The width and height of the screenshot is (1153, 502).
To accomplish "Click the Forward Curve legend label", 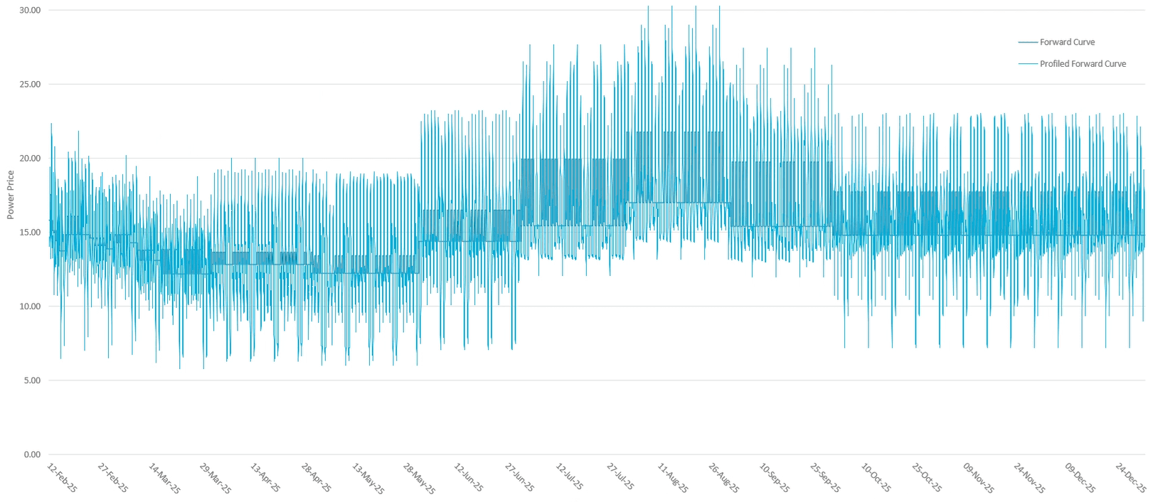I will (1067, 42).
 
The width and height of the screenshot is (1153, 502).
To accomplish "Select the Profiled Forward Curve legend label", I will (1083, 64).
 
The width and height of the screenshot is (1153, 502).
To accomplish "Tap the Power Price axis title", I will (11, 195).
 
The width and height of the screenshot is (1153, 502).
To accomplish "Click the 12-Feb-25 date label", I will (63, 478).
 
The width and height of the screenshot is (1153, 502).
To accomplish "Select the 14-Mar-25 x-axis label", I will (164, 478).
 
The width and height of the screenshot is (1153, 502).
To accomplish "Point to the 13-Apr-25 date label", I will (265, 478).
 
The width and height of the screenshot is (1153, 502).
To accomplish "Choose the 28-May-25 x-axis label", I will (419, 478).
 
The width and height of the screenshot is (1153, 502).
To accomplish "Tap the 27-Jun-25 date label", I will (520, 478).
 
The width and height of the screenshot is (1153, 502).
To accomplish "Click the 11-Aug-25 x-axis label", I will (673, 478).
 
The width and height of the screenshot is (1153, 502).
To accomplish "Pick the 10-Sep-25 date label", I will (775, 478).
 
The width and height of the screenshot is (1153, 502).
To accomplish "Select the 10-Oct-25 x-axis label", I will (876, 478).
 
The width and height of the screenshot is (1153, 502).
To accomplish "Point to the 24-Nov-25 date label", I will (1029, 478).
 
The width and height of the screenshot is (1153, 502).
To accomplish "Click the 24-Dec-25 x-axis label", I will (1131, 478).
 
